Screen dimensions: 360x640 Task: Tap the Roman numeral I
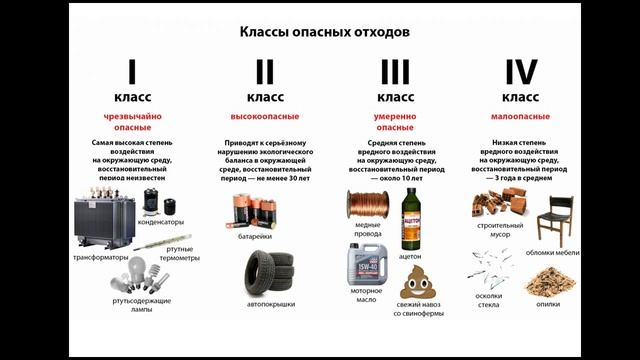pyautogui.click(x=130, y=73)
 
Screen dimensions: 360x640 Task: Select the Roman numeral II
pyautogui.click(x=264, y=73)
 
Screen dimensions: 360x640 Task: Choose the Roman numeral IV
pyautogui.click(x=520, y=73)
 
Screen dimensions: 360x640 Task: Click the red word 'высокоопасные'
pyautogui.click(x=265, y=117)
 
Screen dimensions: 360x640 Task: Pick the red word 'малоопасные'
pyautogui.click(x=520, y=117)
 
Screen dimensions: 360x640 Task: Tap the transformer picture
pyautogui.click(x=106, y=221)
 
